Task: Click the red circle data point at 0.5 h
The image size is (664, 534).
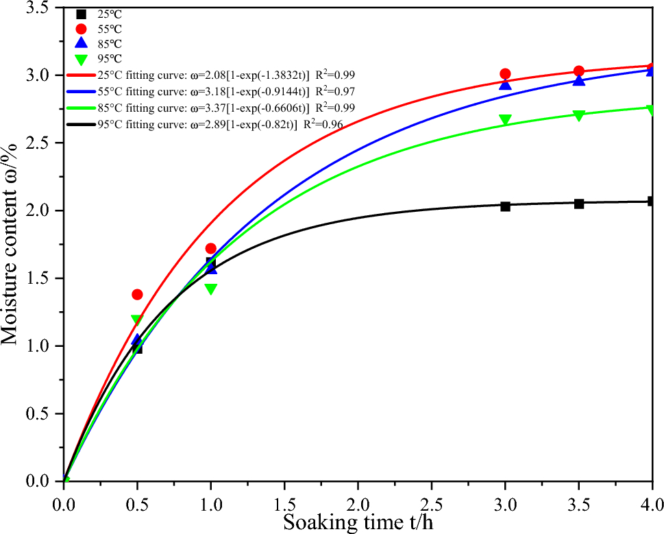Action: (137, 294)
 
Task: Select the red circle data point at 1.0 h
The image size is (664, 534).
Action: (211, 248)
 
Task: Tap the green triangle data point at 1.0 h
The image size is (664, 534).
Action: (211, 289)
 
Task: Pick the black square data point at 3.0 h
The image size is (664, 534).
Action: (505, 206)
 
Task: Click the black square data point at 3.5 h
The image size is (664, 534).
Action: (579, 204)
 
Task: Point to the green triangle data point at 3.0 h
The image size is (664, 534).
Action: (505, 120)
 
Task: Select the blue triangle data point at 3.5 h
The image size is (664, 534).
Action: (579, 80)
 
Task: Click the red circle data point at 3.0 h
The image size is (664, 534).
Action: (505, 74)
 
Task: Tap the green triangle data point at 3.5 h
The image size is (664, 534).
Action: (579, 115)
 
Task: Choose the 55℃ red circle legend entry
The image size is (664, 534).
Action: (81, 29)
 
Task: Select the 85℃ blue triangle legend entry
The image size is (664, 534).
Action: (81, 43)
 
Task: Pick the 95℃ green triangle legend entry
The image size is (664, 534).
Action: (81, 58)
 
